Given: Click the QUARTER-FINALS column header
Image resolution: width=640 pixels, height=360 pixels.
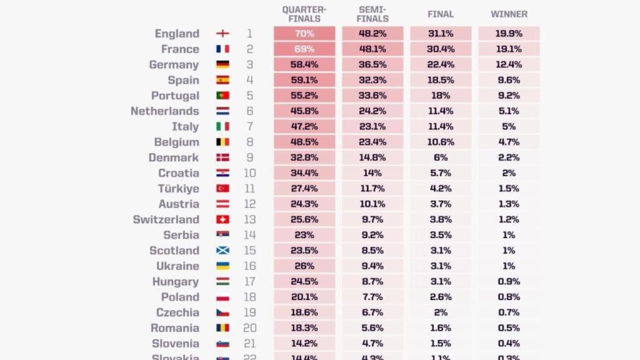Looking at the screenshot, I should pos(304,14).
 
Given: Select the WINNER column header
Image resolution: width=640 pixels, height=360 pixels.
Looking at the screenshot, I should pos(509,14).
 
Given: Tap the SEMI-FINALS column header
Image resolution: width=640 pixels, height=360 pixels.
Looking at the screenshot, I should pos(372,14).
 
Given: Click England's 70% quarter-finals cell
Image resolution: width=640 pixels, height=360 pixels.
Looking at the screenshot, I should pos(304,34).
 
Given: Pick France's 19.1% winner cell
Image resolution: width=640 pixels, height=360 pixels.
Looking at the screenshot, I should pos(509,49).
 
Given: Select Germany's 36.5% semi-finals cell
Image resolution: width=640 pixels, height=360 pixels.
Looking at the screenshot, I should pos(372,64).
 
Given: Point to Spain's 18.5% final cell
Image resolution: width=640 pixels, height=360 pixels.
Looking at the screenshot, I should pos(441,80).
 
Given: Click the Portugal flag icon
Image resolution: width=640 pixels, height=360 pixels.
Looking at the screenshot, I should pos(222,96).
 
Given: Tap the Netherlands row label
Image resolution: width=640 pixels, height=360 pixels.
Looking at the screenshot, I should pos(164,111).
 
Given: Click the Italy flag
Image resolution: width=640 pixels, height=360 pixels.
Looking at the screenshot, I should pos(222,126).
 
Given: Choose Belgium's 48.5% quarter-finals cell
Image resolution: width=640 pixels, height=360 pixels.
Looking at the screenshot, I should pos(304,142).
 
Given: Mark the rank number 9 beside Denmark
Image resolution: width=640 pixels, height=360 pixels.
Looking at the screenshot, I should pos(249,157).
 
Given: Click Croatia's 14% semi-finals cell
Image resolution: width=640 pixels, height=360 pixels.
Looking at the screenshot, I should pos(372,173).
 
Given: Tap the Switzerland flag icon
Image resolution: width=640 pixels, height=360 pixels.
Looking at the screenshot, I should pos(222,219).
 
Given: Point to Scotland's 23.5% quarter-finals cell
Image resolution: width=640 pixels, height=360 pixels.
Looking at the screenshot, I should pos(304,251).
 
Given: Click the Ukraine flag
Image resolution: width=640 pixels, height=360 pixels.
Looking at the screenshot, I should pos(222,266).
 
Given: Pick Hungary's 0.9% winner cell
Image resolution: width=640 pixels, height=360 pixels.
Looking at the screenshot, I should pos(509,281).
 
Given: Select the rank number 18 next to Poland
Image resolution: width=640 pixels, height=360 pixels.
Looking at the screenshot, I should pos(249,297).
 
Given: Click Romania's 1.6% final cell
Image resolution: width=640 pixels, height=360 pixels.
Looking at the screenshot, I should pos(441,328).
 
